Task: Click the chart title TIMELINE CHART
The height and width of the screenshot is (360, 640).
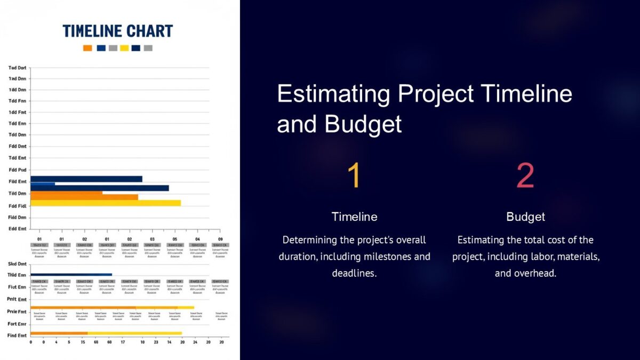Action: click(118, 31)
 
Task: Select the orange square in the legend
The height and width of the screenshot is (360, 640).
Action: click(87, 48)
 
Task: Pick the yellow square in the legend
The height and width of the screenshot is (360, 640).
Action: click(124, 48)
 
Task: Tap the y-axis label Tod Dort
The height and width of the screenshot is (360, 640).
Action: click(17, 68)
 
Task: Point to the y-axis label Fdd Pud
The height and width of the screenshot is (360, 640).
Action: click(17, 170)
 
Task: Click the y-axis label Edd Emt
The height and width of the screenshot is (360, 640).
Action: click(17, 228)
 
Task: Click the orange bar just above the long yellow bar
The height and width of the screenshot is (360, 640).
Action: click(84, 197)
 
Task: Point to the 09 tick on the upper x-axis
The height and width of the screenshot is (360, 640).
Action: click(220, 239)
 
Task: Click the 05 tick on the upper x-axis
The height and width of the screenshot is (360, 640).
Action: click(174, 239)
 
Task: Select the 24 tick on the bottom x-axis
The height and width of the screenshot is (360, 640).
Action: click(195, 342)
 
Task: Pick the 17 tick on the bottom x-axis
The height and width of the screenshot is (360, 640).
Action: click(123, 342)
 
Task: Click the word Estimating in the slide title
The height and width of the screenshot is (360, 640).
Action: click(334, 94)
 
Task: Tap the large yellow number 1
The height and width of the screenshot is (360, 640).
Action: click(354, 176)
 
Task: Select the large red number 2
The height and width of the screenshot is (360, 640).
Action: click(525, 176)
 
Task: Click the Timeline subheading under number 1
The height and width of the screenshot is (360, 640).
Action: click(354, 217)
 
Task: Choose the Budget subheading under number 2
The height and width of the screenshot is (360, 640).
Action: click(525, 217)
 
